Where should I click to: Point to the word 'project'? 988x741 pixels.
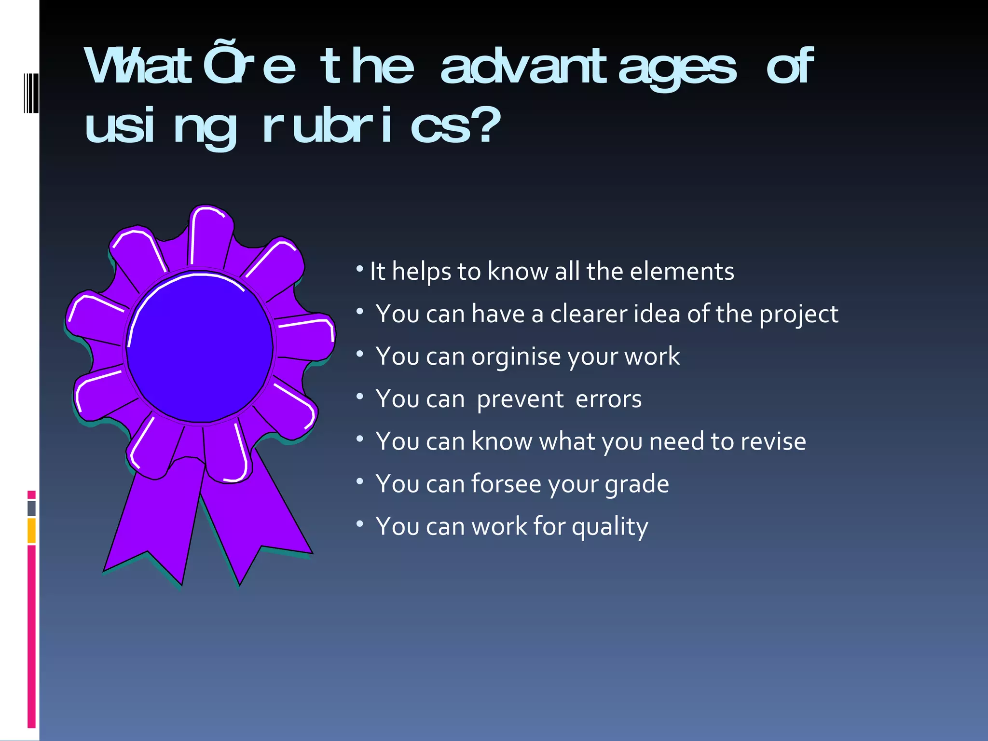click(798, 315)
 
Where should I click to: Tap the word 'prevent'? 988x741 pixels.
click(520, 399)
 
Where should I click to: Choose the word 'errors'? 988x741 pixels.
click(608, 399)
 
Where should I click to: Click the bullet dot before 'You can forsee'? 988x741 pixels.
click(360, 481)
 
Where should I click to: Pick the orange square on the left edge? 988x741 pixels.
click(31, 531)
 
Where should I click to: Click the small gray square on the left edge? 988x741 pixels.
click(31, 508)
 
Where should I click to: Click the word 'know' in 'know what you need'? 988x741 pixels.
click(501, 441)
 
